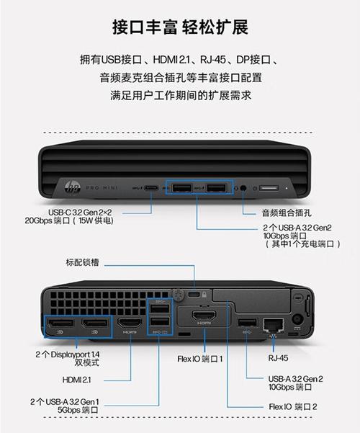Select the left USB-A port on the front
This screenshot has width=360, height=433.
click(181, 188)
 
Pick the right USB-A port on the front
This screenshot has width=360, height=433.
click(215, 188)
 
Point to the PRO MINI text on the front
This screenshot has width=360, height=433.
click(102, 189)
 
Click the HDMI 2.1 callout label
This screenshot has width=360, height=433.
click(77, 378)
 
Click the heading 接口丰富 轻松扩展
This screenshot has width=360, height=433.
click(180, 27)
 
